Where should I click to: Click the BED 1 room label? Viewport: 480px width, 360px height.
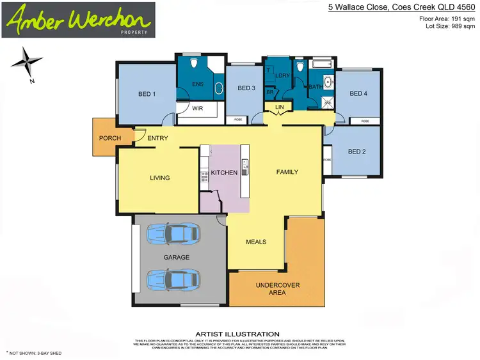pyautogui.click(x=147, y=94)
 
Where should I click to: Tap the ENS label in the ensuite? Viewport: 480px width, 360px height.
pyautogui.click(x=198, y=83)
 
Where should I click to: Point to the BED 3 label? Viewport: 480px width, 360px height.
pyautogui.click(x=246, y=88)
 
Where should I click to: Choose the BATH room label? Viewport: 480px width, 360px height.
pyautogui.click(x=316, y=86)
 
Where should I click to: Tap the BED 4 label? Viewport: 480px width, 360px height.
pyautogui.click(x=358, y=94)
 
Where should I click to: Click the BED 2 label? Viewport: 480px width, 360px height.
pyautogui.click(x=356, y=152)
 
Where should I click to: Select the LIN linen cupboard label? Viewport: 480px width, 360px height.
pyautogui.click(x=279, y=106)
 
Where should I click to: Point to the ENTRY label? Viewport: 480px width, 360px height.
pyautogui.click(x=157, y=138)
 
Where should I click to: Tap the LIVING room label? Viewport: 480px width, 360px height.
pyautogui.click(x=159, y=178)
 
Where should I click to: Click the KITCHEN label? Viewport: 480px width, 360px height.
pyautogui.click(x=224, y=173)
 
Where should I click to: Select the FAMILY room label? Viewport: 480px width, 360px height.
pyautogui.click(x=287, y=172)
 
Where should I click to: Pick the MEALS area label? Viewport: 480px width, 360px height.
pyautogui.click(x=256, y=242)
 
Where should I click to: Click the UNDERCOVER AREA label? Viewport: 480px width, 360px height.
pyautogui.click(x=278, y=289)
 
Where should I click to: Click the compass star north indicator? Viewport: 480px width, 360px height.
pyautogui.click(x=26, y=62)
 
